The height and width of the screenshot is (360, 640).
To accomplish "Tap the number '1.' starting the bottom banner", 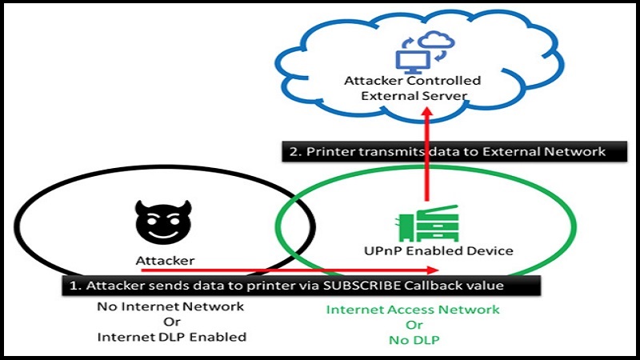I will tap(73, 286).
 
